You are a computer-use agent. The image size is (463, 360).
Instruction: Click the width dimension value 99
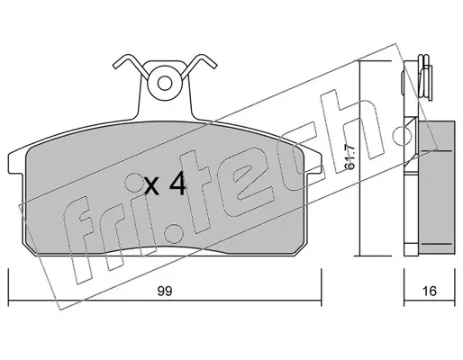[x=165, y=291]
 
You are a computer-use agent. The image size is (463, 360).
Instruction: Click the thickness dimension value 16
[x=429, y=291]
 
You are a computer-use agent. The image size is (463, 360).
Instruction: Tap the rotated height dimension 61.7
[x=351, y=157]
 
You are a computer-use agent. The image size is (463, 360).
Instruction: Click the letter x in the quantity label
[x=151, y=186]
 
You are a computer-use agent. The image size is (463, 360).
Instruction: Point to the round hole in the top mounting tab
[x=165, y=84]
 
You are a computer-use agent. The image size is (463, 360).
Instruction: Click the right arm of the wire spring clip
[x=199, y=67]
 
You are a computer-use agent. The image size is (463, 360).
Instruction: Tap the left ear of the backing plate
[x=16, y=163]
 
